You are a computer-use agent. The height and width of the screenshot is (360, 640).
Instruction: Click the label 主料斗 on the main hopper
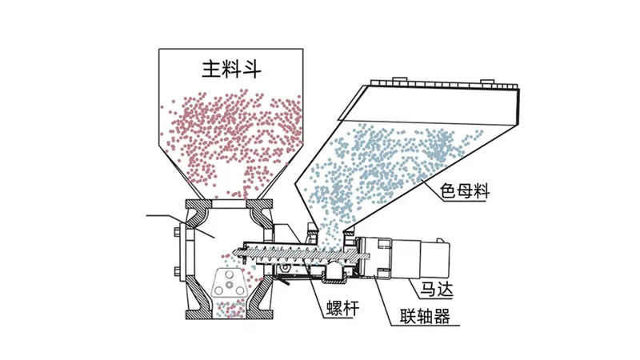pos(231,69)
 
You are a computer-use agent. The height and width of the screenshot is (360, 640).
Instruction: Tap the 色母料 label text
pos(465,190)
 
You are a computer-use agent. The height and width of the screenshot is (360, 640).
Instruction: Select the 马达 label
pos(437,290)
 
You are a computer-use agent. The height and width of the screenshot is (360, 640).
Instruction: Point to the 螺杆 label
pos(343,308)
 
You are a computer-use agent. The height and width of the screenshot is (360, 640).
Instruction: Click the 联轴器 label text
pos(425,316)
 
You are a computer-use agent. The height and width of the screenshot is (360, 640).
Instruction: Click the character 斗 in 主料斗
pos(251,69)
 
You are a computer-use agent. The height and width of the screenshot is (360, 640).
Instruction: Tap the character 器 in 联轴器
pos(442,316)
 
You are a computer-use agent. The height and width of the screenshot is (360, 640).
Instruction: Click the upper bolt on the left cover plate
pos(177,232)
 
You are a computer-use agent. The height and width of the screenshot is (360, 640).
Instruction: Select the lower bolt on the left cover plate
pos(177,270)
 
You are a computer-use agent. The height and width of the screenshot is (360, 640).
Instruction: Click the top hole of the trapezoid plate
pos(229,274)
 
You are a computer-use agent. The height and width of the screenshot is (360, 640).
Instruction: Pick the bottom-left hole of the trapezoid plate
pos(218,290)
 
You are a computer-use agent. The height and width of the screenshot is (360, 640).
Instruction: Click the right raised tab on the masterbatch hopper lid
pos(487,82)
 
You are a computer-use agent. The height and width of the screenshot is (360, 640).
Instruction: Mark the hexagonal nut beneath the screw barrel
pos(286,267)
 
